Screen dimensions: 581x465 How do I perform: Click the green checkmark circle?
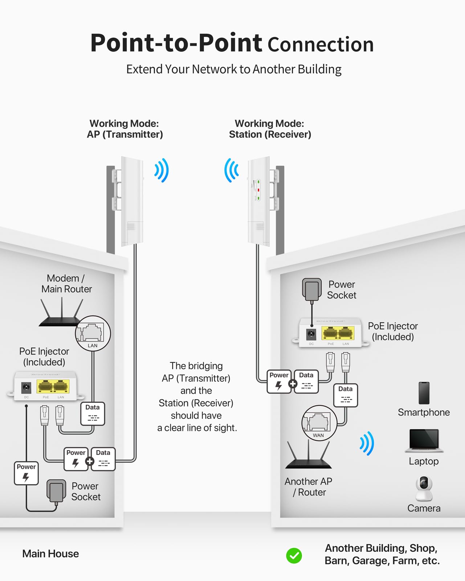(x=294, y=555)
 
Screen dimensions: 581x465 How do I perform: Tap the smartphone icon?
(x=424, y=393)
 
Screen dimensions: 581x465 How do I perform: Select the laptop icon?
(x=424, y=440)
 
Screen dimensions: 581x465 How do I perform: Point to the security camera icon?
(x=424, y=488)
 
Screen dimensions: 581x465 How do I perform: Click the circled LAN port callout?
(x=93, y=333)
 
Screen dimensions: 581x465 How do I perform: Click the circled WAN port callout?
(x=319, y=423)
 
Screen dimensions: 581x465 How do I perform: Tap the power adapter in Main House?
(x=56, y=491)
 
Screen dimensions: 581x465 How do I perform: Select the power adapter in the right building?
(x=312, y=289)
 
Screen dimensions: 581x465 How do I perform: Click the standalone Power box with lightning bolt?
(x=26, y=473)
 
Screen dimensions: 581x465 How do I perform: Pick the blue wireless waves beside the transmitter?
(x=162, y=170)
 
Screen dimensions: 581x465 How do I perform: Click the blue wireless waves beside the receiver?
(x=231, y=170)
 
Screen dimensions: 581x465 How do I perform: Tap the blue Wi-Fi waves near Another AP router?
(x=367, y=443)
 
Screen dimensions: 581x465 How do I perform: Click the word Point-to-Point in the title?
(x=176, y=43)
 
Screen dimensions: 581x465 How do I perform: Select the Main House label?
(x=50, y=553)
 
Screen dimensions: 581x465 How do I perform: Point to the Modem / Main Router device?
(x=61, y=314)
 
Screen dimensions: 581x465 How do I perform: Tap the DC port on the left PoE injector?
(x=26, y=388)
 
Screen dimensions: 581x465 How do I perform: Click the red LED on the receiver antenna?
(x=258, y=190)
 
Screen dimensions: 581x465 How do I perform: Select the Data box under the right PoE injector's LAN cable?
(x=345, y=395)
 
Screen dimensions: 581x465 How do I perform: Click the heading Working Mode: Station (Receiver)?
(x=270, y=129)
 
